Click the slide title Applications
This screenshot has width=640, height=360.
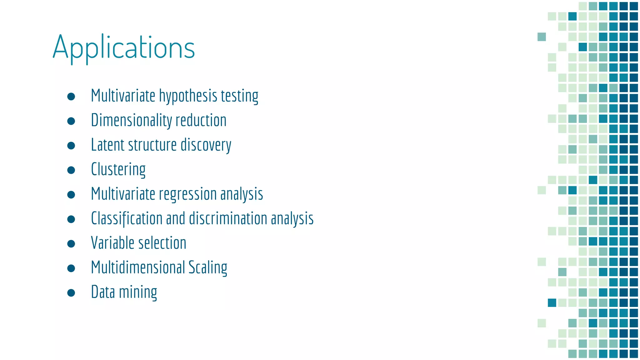(x=124, y=47)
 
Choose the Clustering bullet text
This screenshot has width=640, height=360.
(x=118, y=170)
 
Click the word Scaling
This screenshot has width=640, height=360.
(x=207, y=267)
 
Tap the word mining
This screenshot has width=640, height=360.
(x=138, y=292)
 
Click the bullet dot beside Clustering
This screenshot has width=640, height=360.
(x=71, y=170)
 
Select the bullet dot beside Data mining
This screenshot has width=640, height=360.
(x=71, y=293)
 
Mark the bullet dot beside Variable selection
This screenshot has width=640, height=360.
(x=71, y=244)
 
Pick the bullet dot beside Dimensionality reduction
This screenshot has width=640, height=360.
(x=71, y=121)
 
